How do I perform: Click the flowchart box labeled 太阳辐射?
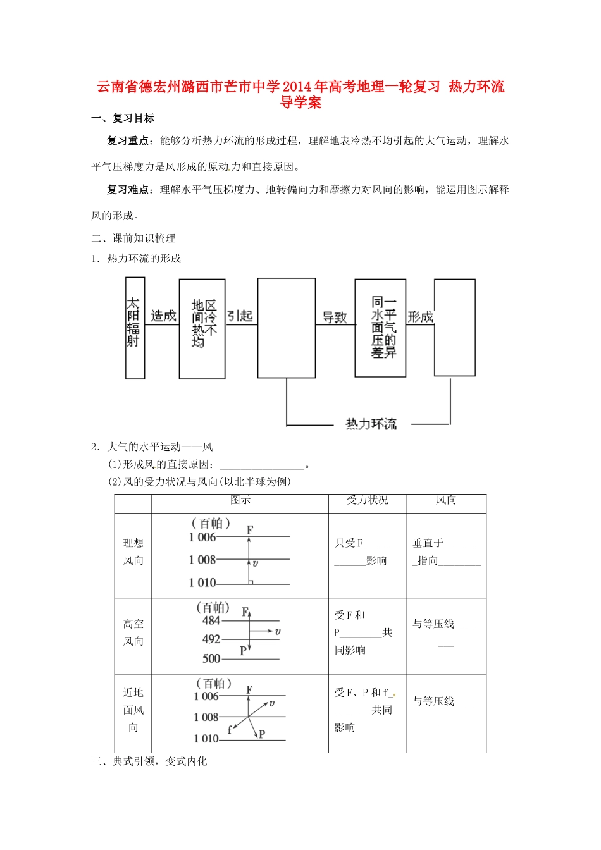135,328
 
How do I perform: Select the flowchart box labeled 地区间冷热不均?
202,328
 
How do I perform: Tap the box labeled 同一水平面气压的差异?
381,328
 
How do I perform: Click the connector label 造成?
163,316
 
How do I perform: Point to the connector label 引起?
240,316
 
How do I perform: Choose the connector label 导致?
335,317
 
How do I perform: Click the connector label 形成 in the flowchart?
420,316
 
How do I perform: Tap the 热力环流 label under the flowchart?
371,424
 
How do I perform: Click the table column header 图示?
240,500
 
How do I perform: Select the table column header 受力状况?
367,500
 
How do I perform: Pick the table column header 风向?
446,500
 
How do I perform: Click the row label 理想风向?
133,551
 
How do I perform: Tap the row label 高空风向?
133,632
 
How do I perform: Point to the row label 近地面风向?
133,710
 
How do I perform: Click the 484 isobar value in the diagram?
211,620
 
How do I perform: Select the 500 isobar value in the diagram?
211,658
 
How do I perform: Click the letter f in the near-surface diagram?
230,729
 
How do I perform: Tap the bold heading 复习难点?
128,190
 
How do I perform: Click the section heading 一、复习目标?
123,118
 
